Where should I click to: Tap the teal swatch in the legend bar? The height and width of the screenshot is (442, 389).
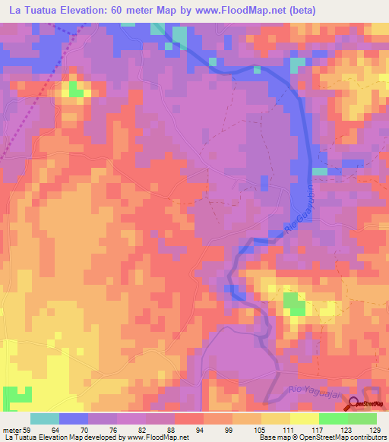45,418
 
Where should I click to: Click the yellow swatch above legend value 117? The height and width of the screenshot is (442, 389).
304,418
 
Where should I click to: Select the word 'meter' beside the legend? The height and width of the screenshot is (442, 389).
10,429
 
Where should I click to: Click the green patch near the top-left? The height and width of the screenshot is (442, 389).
76,90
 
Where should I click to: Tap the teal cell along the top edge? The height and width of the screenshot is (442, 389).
179,36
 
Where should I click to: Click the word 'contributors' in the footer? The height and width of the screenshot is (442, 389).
364,437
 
